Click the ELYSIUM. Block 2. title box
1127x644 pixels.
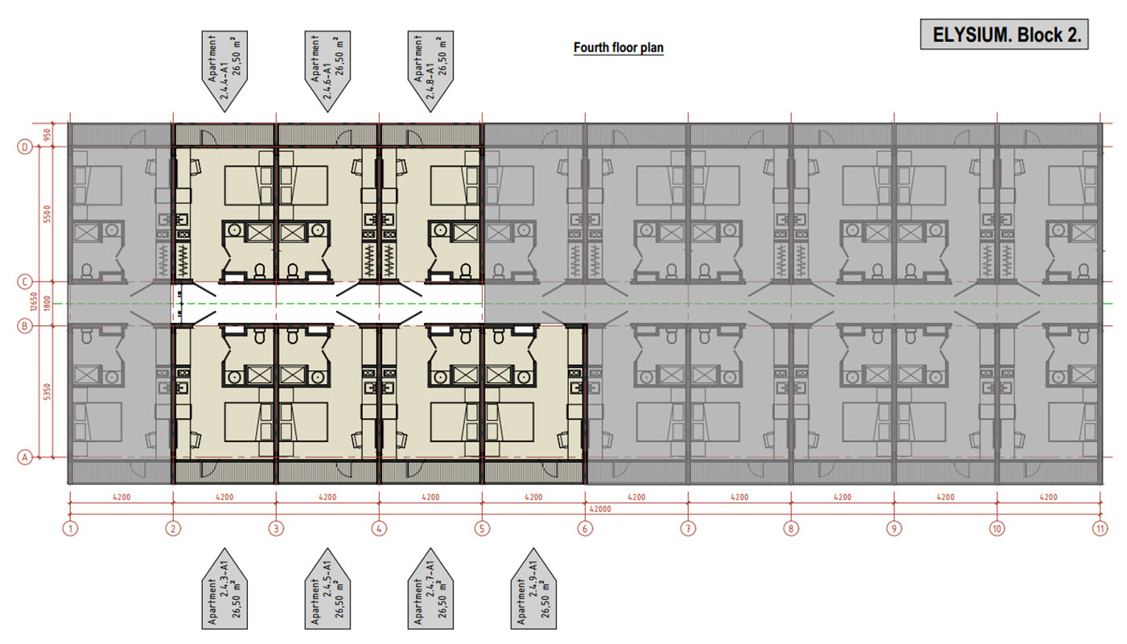tap(1004, 35)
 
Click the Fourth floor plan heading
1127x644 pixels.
tap(619, 47)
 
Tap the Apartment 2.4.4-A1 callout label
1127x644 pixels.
tap(224, 71)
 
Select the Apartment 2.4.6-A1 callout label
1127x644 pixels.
tap(327, 71)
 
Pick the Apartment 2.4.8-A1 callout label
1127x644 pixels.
tap(430, 71)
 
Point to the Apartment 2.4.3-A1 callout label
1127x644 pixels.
tap(224, 589)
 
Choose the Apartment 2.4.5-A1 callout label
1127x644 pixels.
tap(327, 589)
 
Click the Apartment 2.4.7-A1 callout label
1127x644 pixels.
tap(430, 589)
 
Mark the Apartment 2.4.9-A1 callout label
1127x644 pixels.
tap(533, 589)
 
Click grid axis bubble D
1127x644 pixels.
tap(25, 147)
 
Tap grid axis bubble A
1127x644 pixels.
tap(25, 458)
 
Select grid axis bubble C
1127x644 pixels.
tap(25, 282)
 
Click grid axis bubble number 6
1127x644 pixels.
tap(585, 529)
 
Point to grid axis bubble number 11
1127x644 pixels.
tap(1100, 529)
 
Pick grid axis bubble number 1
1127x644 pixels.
tap(70, 529)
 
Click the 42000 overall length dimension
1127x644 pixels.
tap(600, 509)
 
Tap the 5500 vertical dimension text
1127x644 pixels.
tap(47, 214)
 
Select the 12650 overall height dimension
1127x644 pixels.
tap(35, 302)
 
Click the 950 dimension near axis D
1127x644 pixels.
tap(47, 135)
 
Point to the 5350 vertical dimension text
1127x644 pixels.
tap(47, 392)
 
